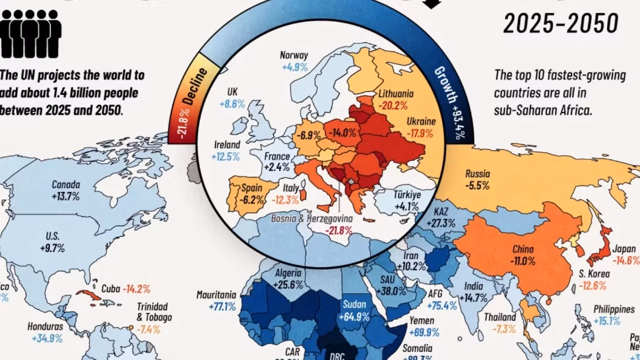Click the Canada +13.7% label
[65, 191]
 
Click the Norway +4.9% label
[294, 61]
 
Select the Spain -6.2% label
[252, 192]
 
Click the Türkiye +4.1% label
[407, 200]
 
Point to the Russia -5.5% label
[477, 180]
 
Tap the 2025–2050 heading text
[560, 24]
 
